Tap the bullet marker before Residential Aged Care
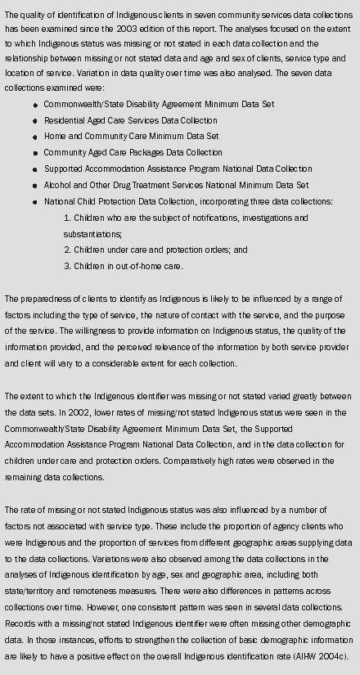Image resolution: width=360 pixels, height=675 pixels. [36, 122]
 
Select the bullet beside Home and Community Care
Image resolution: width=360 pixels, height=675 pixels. [36, 137]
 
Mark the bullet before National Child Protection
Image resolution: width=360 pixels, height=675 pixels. [36, 201]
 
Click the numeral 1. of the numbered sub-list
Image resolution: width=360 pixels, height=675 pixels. [67, 218]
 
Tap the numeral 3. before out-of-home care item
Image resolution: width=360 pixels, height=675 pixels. [67, 266]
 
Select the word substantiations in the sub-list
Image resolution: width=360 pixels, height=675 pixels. [92, 234]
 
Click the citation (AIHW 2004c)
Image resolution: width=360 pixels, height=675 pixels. [323, 655]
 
